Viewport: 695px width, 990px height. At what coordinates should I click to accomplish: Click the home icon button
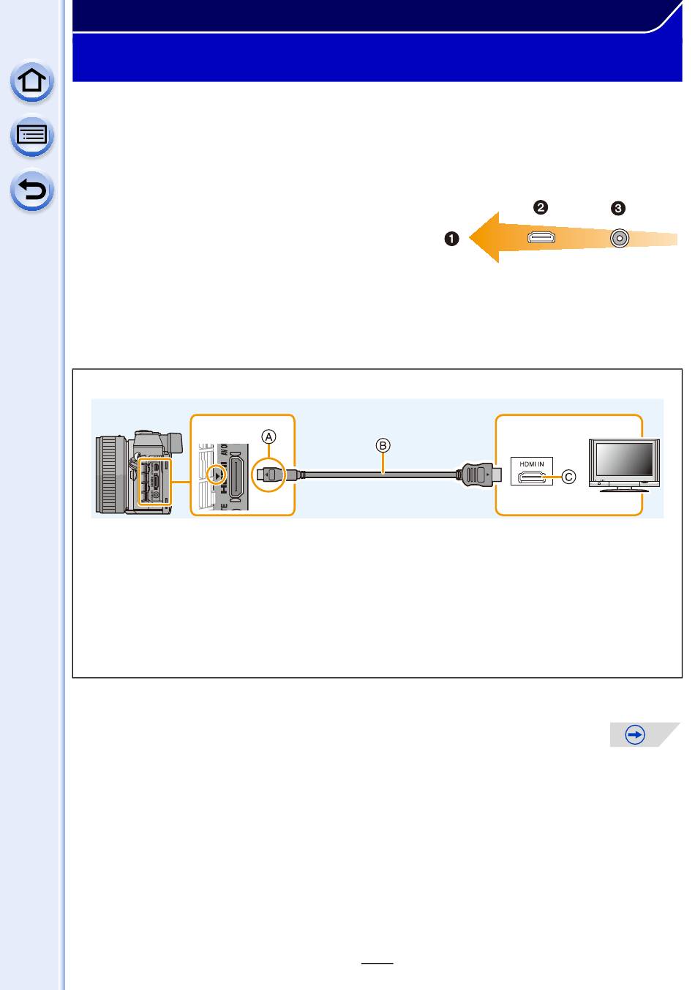click(x=32, y=81)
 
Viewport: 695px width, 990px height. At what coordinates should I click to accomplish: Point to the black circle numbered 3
click(x=618, y=209)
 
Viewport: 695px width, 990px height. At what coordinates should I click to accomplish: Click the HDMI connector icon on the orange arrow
click(x=541, y=238)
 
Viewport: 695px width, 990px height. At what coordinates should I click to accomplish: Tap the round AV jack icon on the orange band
click(x=620, y=238)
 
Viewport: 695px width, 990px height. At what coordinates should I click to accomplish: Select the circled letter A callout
click(x=270, y=436)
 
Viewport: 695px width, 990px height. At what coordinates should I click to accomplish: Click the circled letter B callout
click(x=383, y=444)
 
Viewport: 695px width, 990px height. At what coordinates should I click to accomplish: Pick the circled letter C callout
click(x=568, y=477)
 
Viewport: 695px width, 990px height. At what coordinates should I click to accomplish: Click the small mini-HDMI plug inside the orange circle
click(x=270, y=475)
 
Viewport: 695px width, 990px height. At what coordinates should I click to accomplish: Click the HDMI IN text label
click(x=532, y=463)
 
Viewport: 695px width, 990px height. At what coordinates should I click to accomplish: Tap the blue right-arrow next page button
click(x=636, y=734)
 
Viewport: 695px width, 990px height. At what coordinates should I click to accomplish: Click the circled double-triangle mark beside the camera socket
click(x=217, y=475)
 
